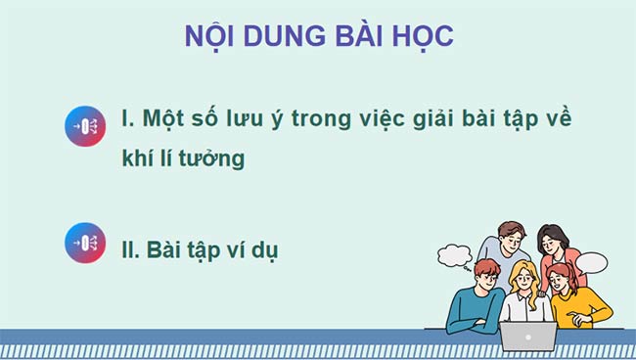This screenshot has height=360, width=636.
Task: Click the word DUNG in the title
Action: coord(272,36)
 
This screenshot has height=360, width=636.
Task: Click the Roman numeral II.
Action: coord(128,248)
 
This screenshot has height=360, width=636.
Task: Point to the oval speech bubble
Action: coord(592,263)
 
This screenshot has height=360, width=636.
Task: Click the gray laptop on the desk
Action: coord(528,336)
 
